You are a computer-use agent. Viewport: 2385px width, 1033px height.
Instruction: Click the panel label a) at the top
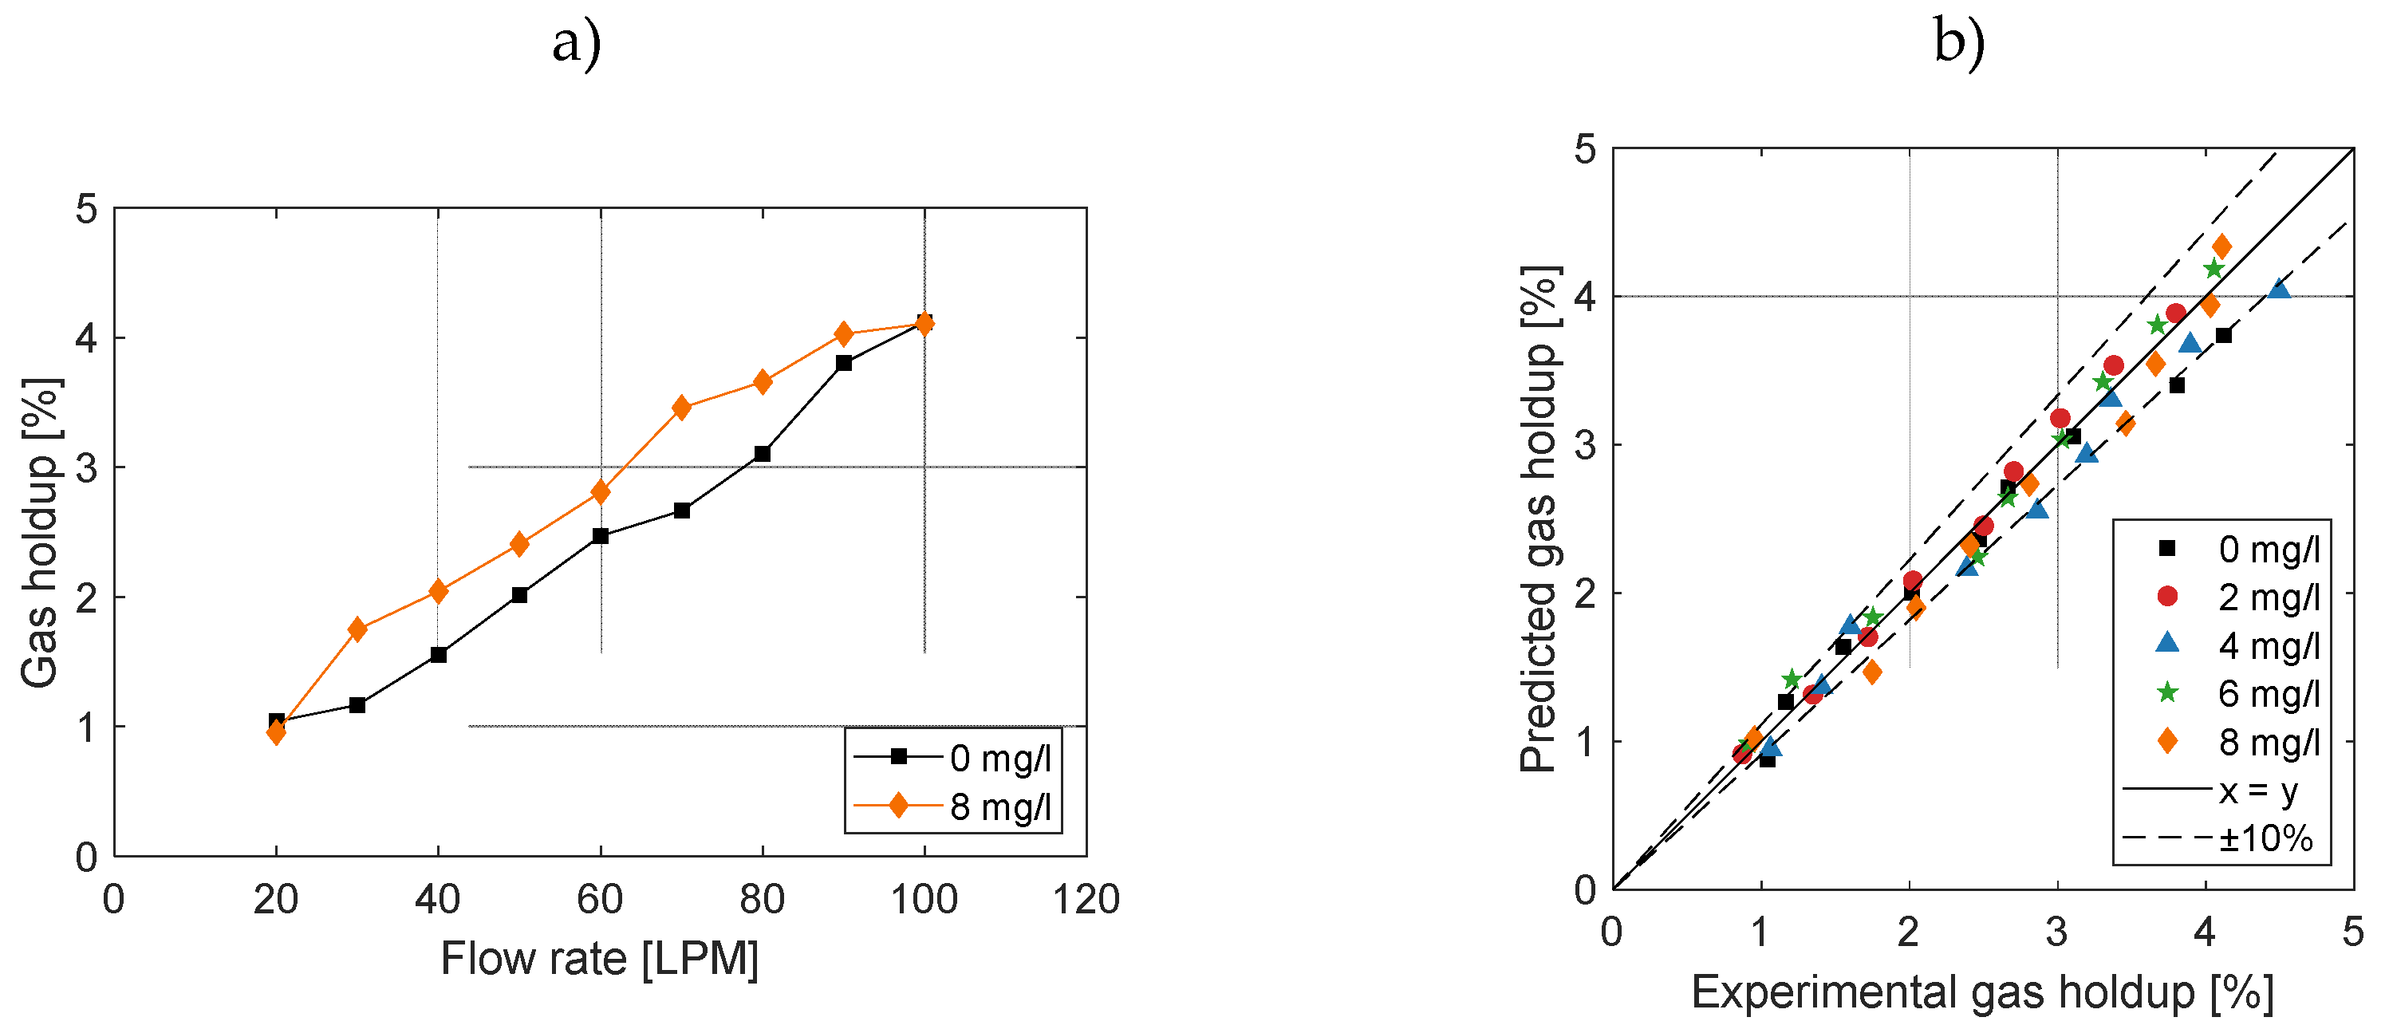(x=577, y=44)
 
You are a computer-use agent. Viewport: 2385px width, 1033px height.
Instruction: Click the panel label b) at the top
(x=1959, y=44)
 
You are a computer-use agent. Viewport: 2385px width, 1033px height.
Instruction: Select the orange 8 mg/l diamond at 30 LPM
(x=357, y=629)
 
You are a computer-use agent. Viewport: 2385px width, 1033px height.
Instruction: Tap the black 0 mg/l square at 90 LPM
(x=843, y=363)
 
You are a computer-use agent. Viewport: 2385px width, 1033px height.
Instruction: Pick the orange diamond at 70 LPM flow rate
(x=681, y=408)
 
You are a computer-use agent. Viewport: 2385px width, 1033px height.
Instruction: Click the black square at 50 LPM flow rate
(x=519, y=595)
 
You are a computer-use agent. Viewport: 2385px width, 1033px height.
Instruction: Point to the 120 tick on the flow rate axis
(x=1086, y=899)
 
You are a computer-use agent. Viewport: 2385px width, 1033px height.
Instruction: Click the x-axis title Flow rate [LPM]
(x=600, y=958)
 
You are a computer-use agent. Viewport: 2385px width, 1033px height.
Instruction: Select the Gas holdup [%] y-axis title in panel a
(x=40, y=532)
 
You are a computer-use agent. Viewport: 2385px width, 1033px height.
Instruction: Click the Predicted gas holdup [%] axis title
(x=1539, y=518)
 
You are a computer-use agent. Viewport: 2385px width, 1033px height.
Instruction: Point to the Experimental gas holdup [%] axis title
(x=1982, y=992)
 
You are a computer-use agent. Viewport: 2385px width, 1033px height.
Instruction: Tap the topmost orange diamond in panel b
(x=2221, y=247)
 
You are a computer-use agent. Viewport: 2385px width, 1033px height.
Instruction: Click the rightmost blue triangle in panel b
(x=2280, y=290)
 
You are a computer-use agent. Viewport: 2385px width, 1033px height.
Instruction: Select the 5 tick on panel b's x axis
(x=2352, y=931)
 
